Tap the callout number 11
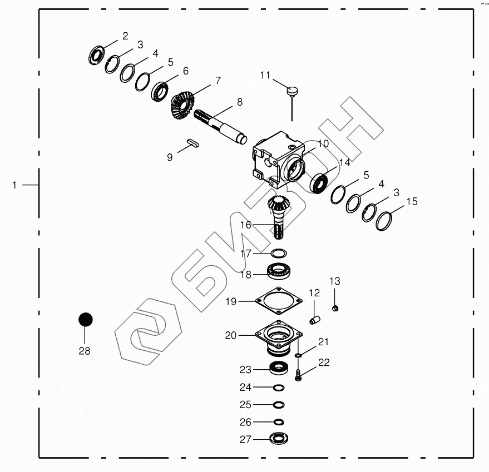pos(265,75)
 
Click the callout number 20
pos(230,335)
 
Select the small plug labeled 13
pos(335,307)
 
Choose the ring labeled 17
pos(279,254)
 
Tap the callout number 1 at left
pos(15,185)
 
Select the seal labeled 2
pos(98,55)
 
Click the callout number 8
pos(240,102)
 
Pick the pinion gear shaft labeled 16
pos(280,217)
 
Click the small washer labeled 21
pos(299,355)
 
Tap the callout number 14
pos(345,162)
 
